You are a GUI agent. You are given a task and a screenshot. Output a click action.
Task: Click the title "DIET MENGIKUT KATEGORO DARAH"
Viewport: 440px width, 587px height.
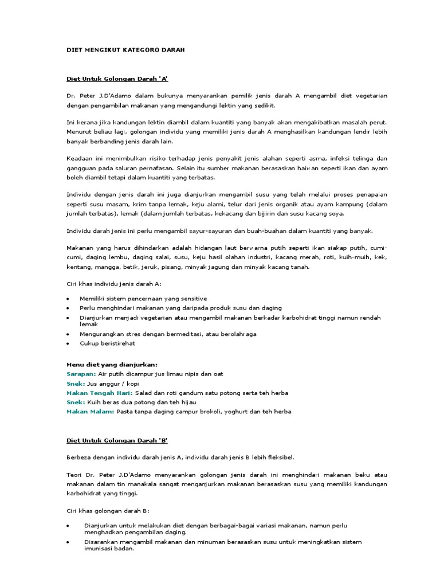pos(125,50)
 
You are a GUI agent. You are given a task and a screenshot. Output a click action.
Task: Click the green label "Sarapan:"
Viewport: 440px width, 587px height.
pos(81,374)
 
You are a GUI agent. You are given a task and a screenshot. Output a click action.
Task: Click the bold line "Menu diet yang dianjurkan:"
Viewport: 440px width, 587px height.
pos(112,364)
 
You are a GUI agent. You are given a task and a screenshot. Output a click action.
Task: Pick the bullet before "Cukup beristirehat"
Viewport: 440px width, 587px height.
pos(68,343)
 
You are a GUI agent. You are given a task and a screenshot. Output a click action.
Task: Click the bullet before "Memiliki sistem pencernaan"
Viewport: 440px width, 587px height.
pos(68,299)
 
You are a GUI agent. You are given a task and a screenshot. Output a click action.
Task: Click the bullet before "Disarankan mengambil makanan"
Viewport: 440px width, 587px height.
pos(68,542)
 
